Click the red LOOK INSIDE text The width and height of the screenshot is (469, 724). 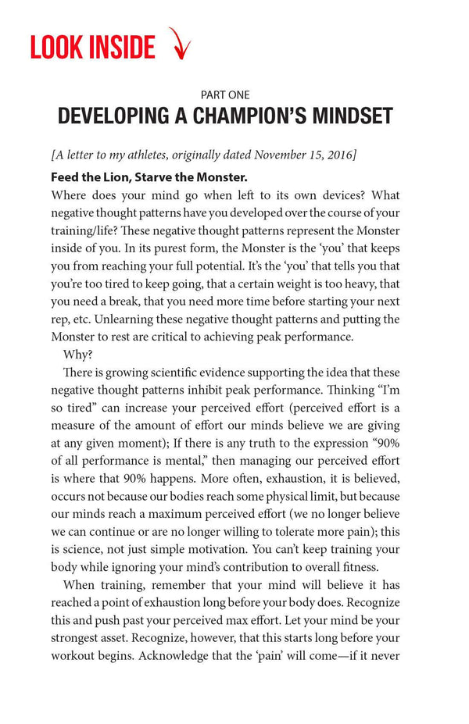pyautogui.click(x=92, y=46)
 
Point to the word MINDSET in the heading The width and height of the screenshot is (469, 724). pyautogui.click(x=349, y=117)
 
